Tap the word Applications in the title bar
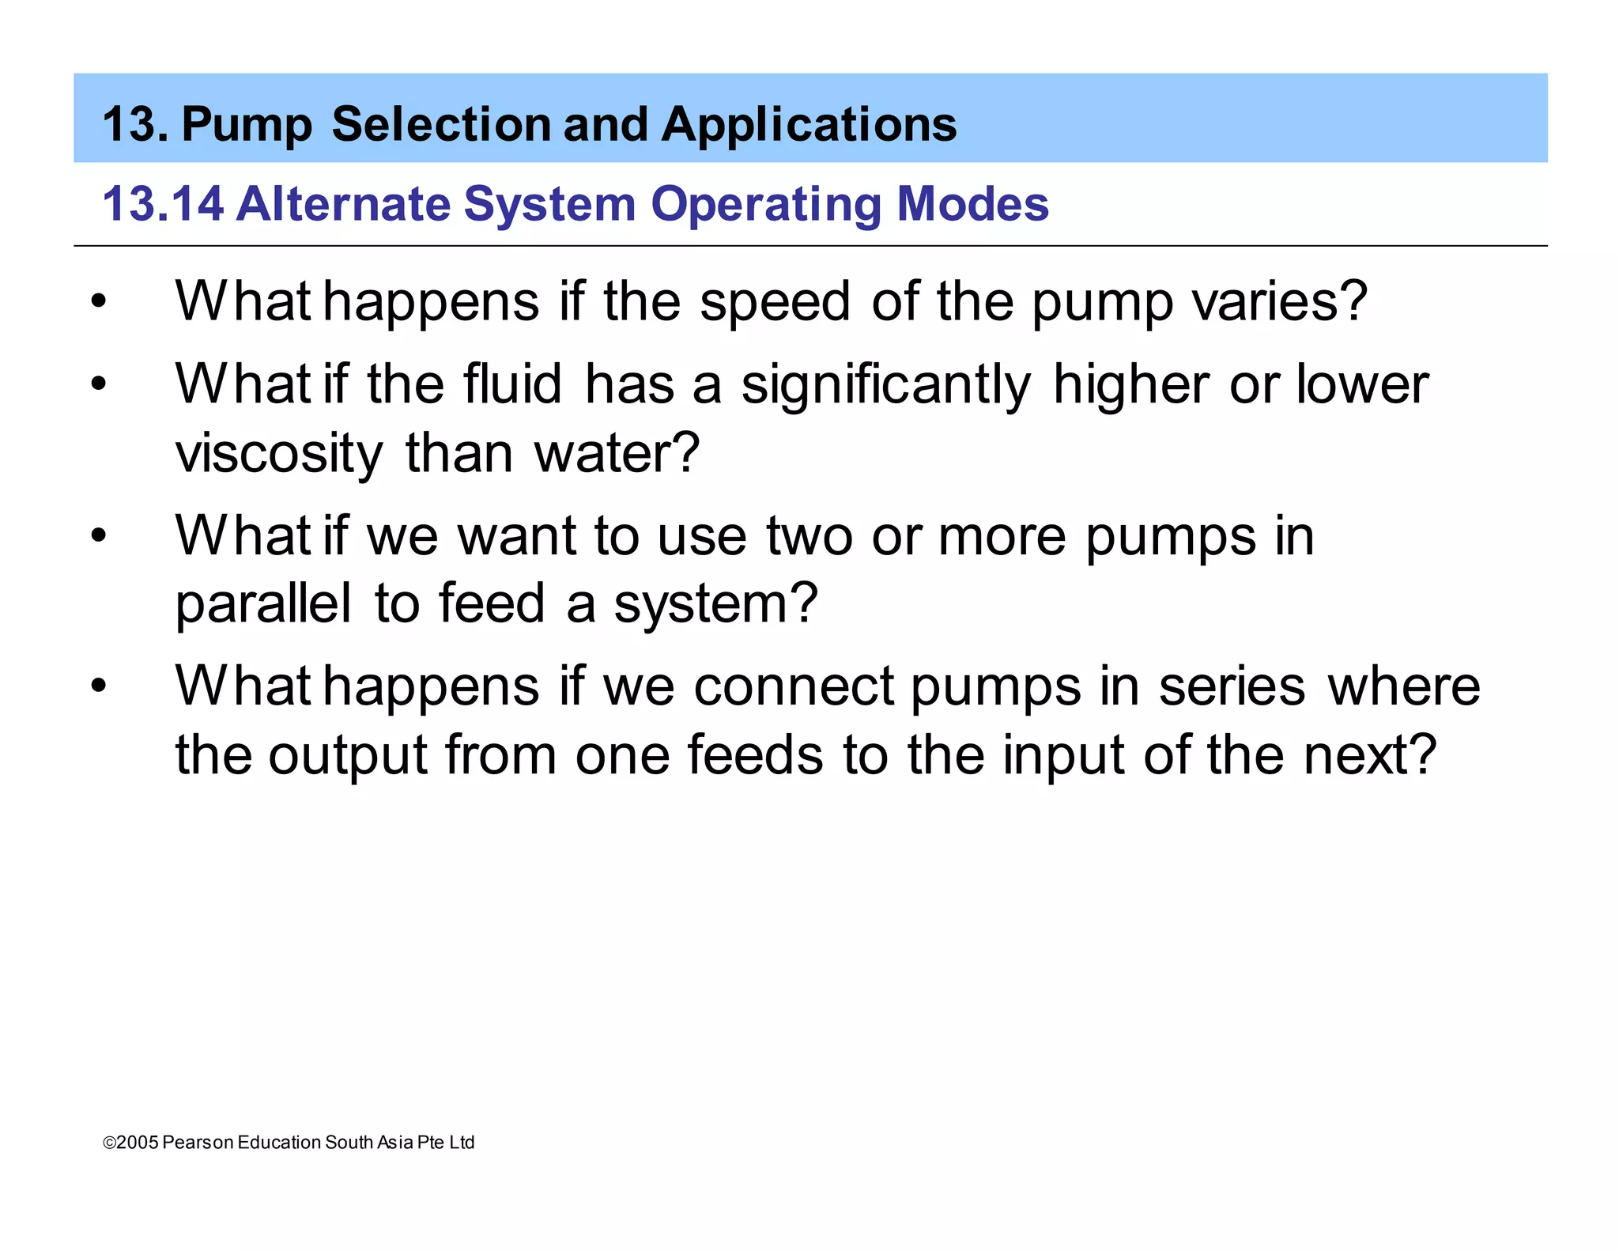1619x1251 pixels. (809, 125)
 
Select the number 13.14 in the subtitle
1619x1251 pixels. (163, 204)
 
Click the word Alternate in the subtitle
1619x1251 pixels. (343, 204)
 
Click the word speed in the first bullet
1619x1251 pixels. (775, 303)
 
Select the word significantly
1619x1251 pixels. (885, 386)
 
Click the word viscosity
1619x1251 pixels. (279, 455)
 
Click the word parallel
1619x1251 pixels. (263, 603)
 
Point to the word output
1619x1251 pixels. (348, 756)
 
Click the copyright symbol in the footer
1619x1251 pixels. (109, 1143)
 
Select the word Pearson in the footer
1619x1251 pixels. (198, 1143)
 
